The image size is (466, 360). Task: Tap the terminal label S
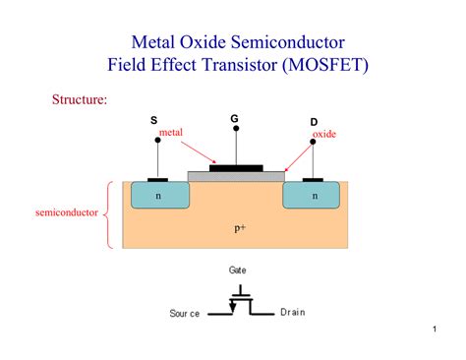point(153,120)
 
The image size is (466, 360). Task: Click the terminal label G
point(234,119)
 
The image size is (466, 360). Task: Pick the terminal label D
point(314,122)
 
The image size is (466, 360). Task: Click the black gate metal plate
point(236,168)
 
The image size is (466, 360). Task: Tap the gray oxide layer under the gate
point(236,177)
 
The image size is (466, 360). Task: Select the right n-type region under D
point(314,196)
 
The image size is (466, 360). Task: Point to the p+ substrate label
point(239,228)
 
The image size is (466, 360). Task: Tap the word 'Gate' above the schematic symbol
point(238,269)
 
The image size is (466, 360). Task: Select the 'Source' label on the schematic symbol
point(184,313)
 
